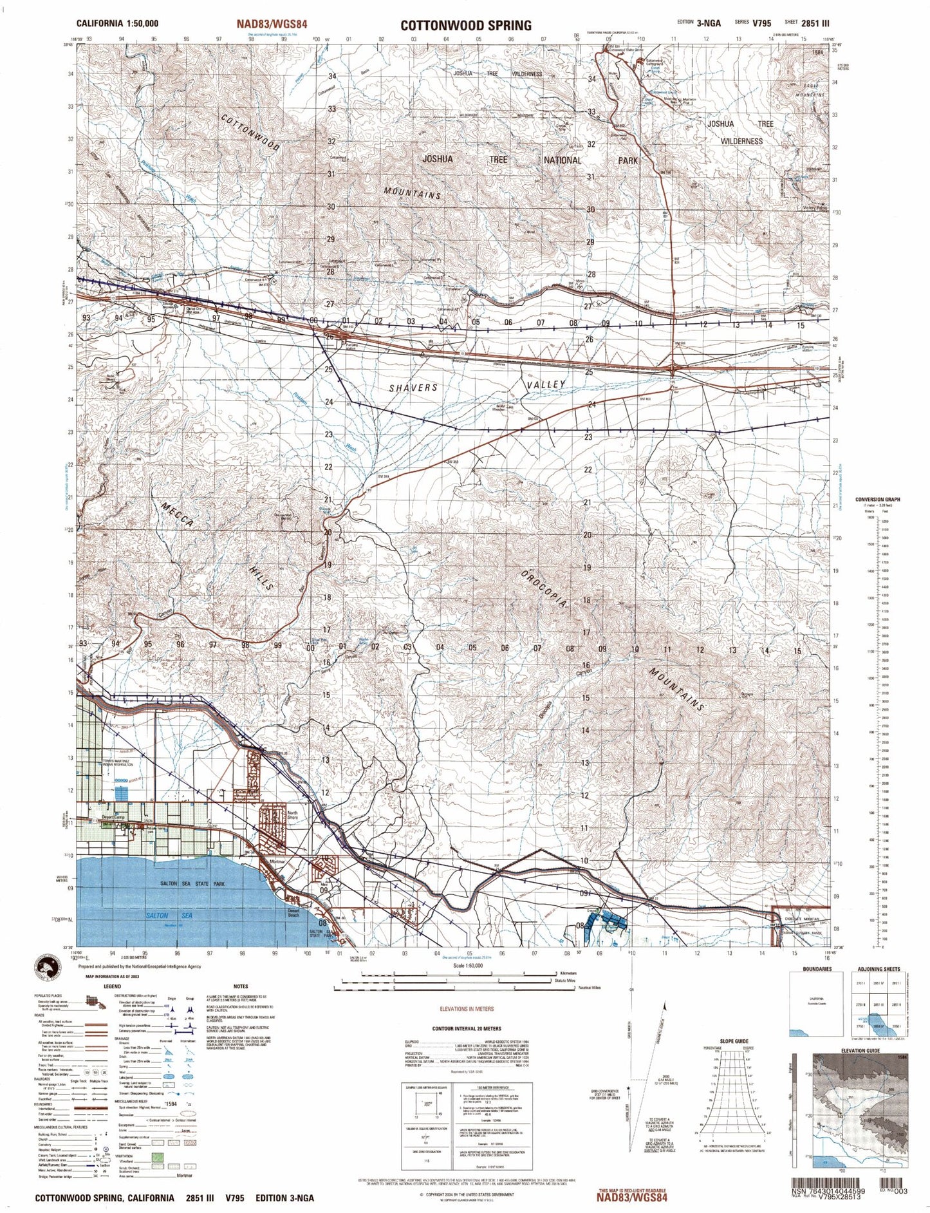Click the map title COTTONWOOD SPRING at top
coord(465,25)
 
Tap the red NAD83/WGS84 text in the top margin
coord(272,24)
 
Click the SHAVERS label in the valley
coord(413,388)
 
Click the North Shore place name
coord(293,815)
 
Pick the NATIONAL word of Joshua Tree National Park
coord(562,160)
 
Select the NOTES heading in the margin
coord(241,986)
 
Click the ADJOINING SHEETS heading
coord(879,969)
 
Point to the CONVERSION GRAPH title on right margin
coord(877,500)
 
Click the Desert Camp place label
coord(103,817)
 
